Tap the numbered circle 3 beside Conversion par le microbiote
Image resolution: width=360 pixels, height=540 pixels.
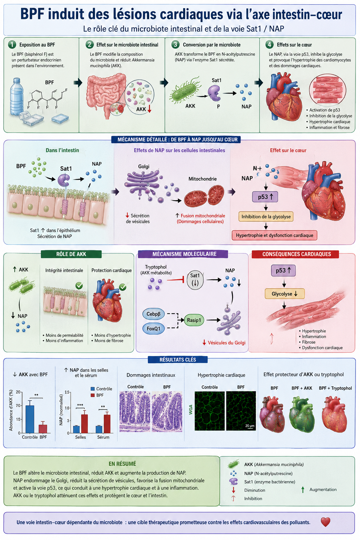tap(175, 45)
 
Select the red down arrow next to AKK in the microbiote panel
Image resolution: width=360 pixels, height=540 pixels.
tap(149, 109)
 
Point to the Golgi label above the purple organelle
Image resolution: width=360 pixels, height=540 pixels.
tap(144, 166)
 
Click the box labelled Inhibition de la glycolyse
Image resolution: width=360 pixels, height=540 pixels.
tap(266, 217)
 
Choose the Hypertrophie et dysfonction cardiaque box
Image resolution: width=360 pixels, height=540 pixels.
tap(275, 235)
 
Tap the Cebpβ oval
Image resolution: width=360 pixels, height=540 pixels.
tap(153, 314)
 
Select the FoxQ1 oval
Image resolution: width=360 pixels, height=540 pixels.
tap(153, 329)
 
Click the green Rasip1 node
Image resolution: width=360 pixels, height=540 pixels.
tap(194, 320)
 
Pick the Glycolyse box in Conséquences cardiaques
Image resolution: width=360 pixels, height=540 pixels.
tap(284, 294)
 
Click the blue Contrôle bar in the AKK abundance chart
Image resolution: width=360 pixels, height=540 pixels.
tap(30, 419)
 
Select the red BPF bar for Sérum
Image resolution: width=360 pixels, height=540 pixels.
tap(107, 424)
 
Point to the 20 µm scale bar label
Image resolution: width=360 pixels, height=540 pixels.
tap(250, 426)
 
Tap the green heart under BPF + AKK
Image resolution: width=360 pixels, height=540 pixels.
tap(302, 414)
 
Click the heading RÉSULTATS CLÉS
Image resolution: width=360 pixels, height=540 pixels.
tap(178, 360)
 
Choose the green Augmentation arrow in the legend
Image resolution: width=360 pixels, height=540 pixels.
tap(303, 489)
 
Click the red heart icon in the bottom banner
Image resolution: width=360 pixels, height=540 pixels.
tap(325, 522)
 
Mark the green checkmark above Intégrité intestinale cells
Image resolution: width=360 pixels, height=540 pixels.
tap(79, 286)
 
